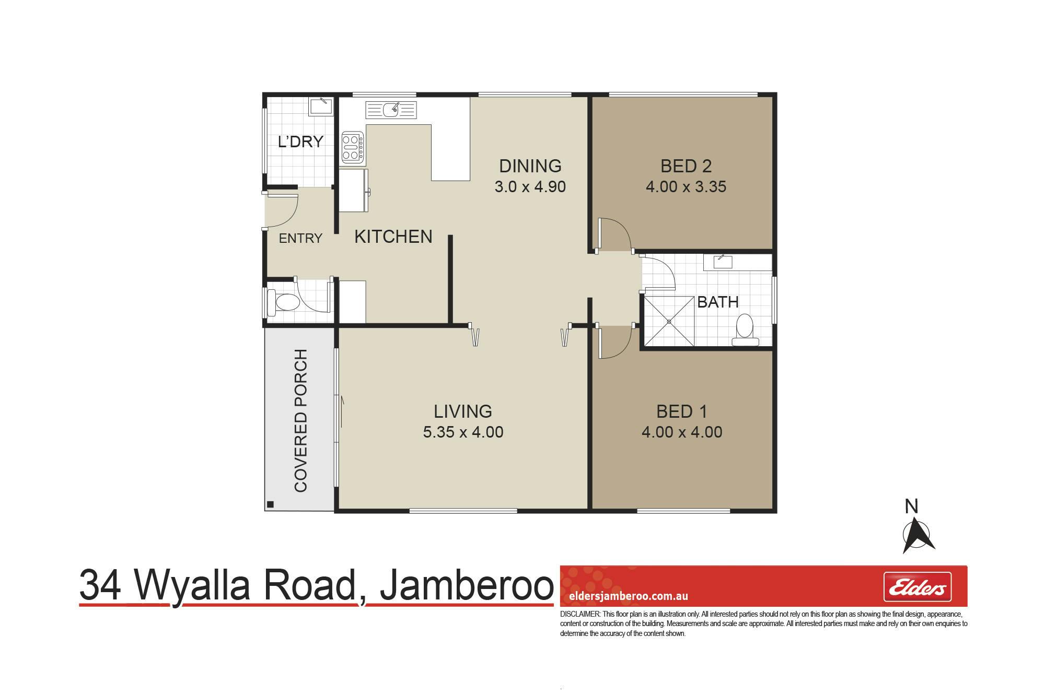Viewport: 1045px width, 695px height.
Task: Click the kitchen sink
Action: coord(392,110)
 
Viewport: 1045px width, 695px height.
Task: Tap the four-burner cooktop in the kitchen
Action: coord(353,147)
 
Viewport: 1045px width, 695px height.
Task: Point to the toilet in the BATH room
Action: coord(745,331)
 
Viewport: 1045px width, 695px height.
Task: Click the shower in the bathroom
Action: coord(669,321)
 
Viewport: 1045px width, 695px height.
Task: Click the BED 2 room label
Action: coord(686,166)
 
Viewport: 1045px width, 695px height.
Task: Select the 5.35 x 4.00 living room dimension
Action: coord(463,432)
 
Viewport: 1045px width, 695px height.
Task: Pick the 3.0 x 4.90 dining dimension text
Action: coord(530,187)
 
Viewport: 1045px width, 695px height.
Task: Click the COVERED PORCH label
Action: coord(300,420)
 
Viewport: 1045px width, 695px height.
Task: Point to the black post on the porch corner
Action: coord(270,504)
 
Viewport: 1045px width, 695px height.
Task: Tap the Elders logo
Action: coord(917,587)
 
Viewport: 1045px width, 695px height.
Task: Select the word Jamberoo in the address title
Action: coord(466,586)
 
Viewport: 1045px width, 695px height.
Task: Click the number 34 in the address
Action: coord(101,586)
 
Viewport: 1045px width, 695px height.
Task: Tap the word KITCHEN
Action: coord(393,237)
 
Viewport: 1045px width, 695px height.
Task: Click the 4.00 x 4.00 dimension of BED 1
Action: coord(682,432)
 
